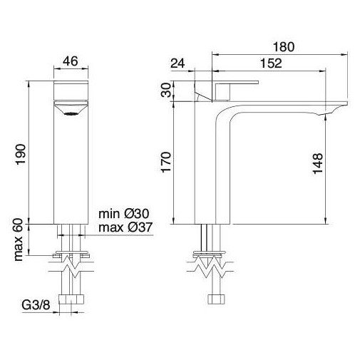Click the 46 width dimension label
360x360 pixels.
[x=70, y=62]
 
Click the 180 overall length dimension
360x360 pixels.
[x=283, y=47]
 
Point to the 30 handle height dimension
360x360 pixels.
[x=166, y=91]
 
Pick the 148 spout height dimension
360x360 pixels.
[x=319, y=165]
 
